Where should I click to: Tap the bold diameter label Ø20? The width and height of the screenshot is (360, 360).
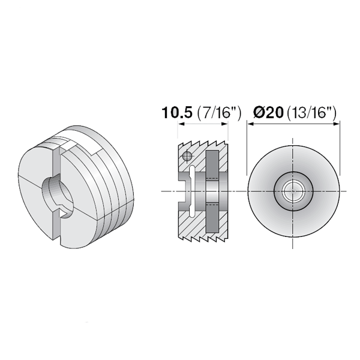[x=268, y=113]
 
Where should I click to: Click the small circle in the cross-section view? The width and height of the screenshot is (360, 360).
[x=187, y=157]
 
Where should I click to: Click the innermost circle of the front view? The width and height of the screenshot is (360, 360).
[x=293, y=192]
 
